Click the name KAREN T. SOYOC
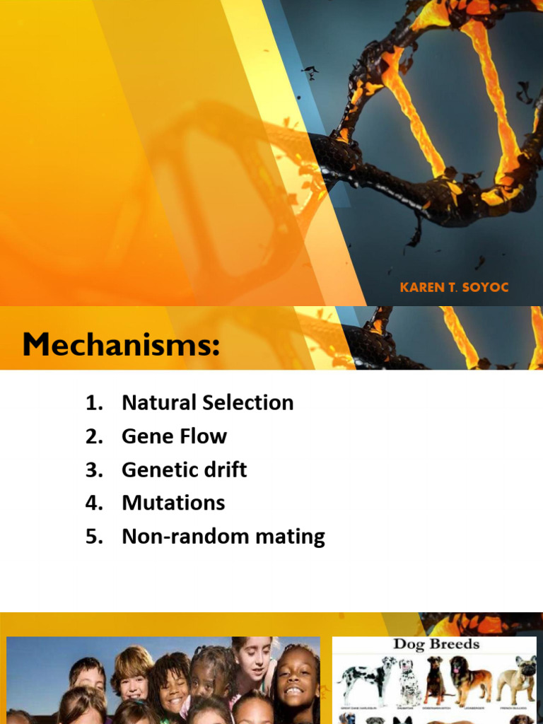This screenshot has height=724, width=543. [453, 288]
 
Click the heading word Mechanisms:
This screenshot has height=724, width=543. [121, 346]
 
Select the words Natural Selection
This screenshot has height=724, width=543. [207, 402]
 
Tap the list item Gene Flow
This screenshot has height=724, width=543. [174, 436]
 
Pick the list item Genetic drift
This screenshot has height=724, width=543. [184, 469]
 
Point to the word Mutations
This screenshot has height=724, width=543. [173, 503]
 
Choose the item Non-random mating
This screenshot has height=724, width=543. [223, 537]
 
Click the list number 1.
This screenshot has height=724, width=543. [93, 403]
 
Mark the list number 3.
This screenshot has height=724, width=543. [93, 469]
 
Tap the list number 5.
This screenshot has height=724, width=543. [93, 537]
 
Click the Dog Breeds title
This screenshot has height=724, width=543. [436, 644]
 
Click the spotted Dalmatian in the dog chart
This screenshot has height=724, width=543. [409, 682]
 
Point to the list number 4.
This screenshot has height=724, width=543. [93, 503]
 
